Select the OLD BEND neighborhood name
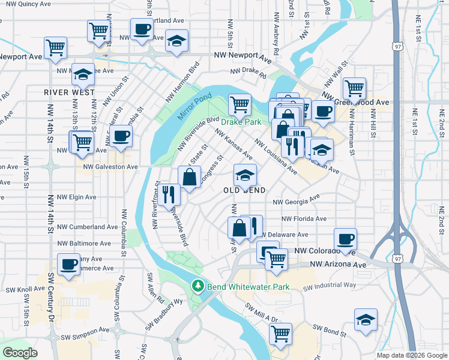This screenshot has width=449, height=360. tap(245, 190)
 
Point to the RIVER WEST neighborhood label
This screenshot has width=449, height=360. tap(70, 92)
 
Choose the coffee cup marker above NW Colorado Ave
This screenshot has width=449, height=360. tap(345, 239)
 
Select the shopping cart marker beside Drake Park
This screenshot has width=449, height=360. tap(240, 105)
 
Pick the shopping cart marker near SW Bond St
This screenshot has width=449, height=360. tap(280, 334)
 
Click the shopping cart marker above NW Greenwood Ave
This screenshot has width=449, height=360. tap(355, 89)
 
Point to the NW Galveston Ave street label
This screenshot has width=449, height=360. tap(110, 167)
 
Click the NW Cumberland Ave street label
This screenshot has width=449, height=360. tap(87, 227)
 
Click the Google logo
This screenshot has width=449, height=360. tap(20, 352)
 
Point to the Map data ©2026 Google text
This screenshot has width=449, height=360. tap(411, 355)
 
